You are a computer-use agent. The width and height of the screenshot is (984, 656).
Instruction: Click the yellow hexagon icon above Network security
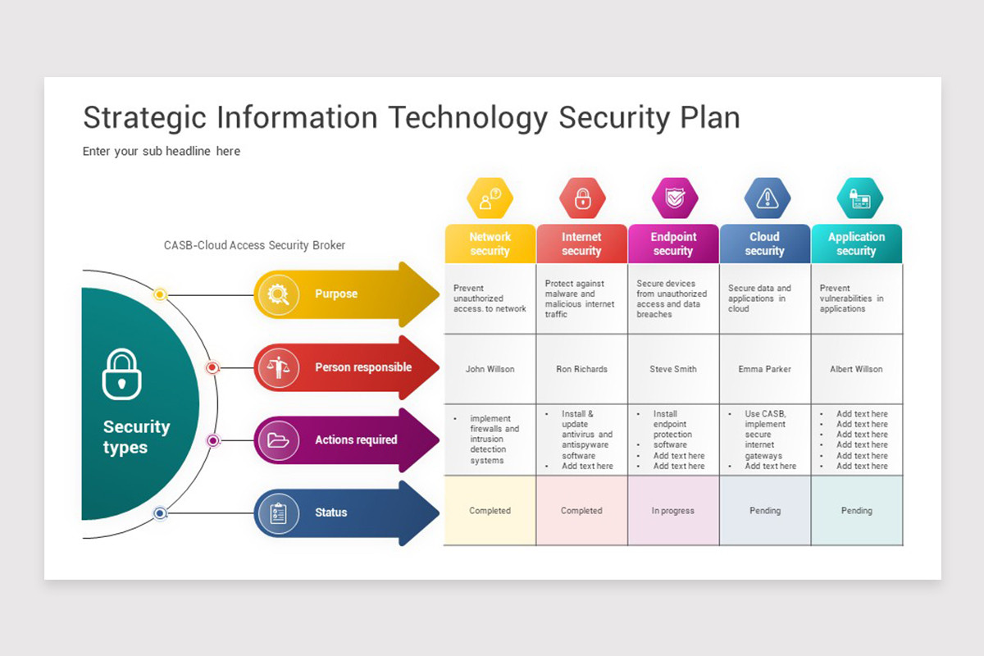[x=490, y=198]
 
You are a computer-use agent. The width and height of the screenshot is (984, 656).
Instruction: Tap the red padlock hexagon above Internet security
[x=582, y=198]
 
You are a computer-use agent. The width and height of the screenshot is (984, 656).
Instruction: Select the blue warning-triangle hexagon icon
[x=768, y=198]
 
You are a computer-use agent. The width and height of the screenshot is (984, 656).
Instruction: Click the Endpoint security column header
[x=673, y=244]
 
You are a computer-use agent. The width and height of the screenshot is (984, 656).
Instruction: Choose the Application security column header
[x=857, y=244]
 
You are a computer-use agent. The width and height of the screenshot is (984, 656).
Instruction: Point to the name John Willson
[x=490, y=369]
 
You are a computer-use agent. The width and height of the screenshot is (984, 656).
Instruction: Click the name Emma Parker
[x=765, y=369]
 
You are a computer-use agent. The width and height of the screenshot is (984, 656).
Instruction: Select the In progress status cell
[x=673, y=511]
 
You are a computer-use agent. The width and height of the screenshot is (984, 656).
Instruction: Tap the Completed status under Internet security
[x=581, y=511]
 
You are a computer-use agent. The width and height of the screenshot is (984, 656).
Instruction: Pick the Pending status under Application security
[x=857, y=511]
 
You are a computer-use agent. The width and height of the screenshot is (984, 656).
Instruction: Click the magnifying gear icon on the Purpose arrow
[x=279, y=294]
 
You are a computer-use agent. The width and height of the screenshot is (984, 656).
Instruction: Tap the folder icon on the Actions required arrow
[x=279, y=440]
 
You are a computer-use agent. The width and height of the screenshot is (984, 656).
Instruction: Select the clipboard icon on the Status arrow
[x=279, y=513]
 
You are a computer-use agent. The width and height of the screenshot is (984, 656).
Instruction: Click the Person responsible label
[x=363, y=367]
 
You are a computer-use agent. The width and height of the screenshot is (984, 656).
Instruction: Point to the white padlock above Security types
[x=121, y=374]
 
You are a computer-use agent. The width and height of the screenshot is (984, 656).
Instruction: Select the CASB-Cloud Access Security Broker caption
[x=254, y=245]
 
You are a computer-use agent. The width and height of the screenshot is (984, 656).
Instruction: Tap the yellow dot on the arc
[x=161, y=294]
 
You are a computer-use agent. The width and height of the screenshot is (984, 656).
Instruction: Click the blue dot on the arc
[x=161, y=513]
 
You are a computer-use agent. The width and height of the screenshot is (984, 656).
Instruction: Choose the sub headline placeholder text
[x=162, y=151]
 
